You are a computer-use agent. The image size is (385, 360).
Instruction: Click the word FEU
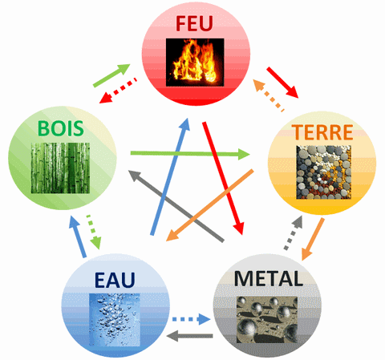tap(194, 23)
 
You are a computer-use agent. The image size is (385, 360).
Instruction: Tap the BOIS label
tap(61, 128)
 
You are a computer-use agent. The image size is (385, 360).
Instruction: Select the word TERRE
tap(322, 132)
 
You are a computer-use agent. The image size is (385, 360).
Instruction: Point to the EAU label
tap(115, 280)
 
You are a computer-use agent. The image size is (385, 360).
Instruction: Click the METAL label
tap(269, 278)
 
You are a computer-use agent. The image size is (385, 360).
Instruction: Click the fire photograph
tap(195, 63)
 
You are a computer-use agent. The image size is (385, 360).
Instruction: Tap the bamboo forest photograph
tap(60, 168)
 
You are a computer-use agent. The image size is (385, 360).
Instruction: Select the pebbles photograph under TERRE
tap(323, 172)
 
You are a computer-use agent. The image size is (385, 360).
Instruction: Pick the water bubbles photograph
tap(115, 320)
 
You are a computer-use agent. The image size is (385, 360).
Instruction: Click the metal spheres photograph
tap(267, 320)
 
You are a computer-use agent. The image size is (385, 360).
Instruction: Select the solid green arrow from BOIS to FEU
tap(111, 75)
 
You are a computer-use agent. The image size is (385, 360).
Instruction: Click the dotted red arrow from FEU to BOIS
tap(118, 91)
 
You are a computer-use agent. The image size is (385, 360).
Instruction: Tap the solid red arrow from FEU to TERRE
tap(282, 83)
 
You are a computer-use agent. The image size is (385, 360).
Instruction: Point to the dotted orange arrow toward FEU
tap(269, 95)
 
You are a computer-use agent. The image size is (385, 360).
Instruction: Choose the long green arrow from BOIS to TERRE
tap(190, 154)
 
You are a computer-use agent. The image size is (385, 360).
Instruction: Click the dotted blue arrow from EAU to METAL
tap(192, 319)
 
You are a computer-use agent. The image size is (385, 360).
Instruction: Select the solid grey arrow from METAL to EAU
tap(189, 336)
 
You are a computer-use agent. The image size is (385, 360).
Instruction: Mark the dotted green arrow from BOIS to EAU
tap(94, 232)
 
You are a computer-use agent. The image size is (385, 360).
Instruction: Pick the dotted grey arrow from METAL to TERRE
tap(294, 233)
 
